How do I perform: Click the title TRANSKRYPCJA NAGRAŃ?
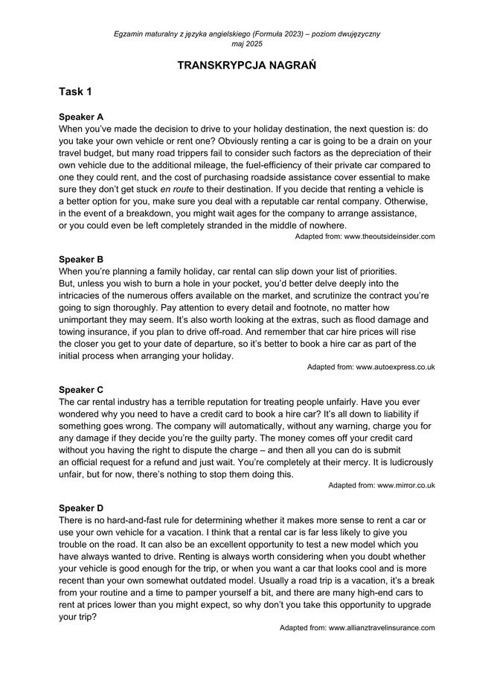click(247, 66)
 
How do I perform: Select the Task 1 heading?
click(76, 92)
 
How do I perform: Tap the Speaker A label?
click(81, 117)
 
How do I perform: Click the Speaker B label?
click(81, 259)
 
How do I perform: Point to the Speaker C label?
click(81, 390)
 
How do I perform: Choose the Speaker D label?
click(81, 508)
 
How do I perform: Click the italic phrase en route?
click(176, 190)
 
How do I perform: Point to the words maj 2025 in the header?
click(247, 44)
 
